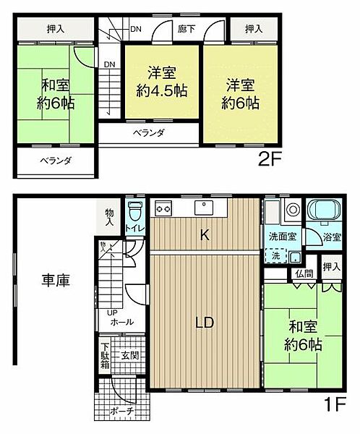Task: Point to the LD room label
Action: click(x=204, y=323)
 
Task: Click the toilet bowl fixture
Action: click(x=134, y=213)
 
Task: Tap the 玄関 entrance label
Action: click(x=129, y=355)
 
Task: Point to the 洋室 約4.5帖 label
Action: click(x=161, y=82)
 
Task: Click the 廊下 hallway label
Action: click(x=187, y=30)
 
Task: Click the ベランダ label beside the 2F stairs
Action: click(x=147, y=132)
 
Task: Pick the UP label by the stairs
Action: click(x=112, y=313)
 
